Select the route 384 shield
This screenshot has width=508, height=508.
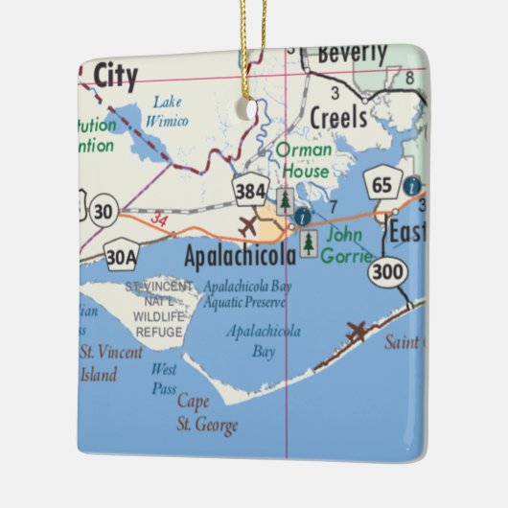[x=250, y=193]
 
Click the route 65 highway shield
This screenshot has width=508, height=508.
[x=381, y=185]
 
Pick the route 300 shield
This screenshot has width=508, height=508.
[x=386, y=271]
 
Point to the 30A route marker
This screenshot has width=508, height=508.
[x=121, y=257]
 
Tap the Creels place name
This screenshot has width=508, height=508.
[x=338, y=117]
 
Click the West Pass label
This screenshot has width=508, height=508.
[x=164, y=379]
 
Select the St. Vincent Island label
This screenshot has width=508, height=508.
[x=112, y=362]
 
